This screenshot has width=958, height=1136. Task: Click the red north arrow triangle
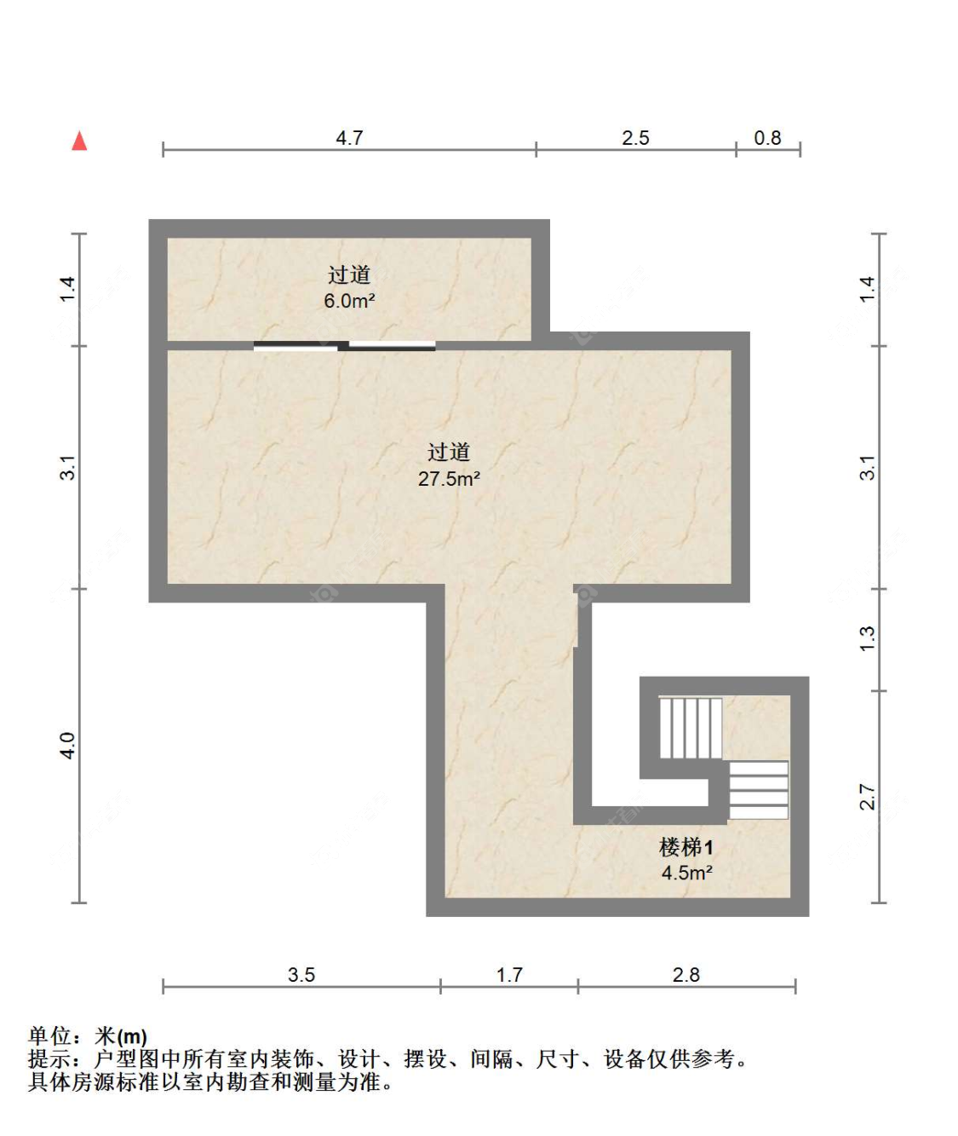coord(79,141)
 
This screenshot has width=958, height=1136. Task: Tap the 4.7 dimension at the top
coord(349,138)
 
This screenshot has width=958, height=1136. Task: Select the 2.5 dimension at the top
coord(635,138)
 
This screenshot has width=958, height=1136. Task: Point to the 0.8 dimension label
coord(767,138)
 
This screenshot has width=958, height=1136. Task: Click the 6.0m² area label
coord(349,301)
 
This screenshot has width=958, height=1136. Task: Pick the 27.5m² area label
coord(449,479)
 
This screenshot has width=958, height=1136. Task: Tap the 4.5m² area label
coord(686,873)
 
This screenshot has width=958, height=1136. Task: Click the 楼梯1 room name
coord(686,848)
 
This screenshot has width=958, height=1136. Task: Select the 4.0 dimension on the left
coord(68,746)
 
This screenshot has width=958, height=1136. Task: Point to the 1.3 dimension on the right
coord(867,639)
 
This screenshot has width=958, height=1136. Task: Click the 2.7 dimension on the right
coord(867,797)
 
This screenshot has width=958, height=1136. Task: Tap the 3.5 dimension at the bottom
coord(301,975)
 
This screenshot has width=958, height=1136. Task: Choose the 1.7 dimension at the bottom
coord(509,975)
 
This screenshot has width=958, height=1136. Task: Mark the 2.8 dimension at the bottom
coord(686,975)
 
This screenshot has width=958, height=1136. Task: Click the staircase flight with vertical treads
coord(691,728)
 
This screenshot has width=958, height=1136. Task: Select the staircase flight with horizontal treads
coord(759,790)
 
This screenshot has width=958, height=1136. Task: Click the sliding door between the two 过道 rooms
coord(345,346)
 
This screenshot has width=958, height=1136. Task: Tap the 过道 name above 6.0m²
coord(349,275)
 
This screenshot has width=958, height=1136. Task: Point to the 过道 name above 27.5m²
coord(449,453)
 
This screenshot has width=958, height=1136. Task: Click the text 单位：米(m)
coord(88,1036)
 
